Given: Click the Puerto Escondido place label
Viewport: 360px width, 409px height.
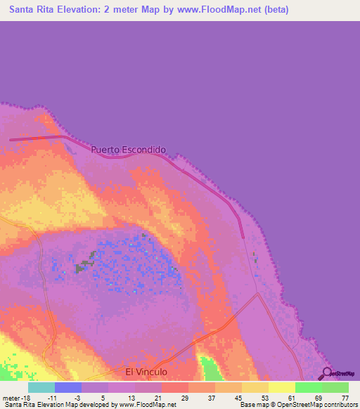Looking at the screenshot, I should (x=129, y=150).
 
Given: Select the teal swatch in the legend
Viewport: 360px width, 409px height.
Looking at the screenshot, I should (x=41, y=387).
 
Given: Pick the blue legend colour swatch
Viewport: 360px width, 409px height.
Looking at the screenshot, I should (x=68, y=387).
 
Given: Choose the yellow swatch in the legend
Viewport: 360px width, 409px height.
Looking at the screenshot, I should (x=282, y=387).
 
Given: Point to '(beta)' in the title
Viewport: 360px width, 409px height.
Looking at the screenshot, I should (x=273, y=11).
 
